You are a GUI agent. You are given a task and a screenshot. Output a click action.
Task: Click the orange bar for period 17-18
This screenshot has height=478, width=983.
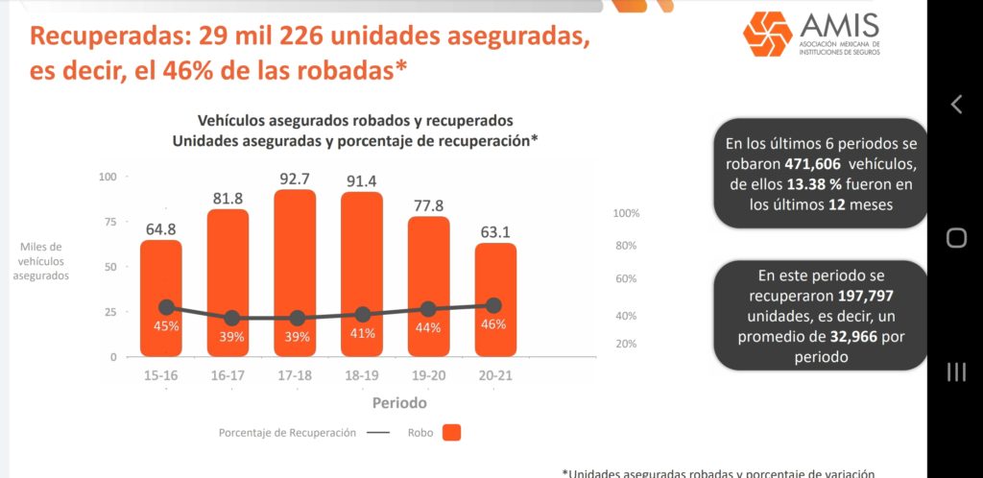pyautogui.click(x=295, y=250)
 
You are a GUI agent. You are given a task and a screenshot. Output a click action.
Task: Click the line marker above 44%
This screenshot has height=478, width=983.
pyautogui.click(x=428, y=309)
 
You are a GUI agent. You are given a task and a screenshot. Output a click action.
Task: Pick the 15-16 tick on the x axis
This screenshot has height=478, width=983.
pyautogui.click(x=160, y=375)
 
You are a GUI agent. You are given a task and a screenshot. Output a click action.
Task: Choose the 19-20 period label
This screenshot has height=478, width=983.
pyautogui.click(x=428, y=375)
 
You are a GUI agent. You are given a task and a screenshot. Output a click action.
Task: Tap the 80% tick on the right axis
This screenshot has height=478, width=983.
pyautogui.click(x=626, y=246)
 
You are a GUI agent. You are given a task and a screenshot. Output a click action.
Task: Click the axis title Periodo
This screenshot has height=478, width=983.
pyautogui.click(x=400, y=403)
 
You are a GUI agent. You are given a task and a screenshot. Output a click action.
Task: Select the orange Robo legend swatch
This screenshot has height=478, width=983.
pyautogui.click(x=452, y=433)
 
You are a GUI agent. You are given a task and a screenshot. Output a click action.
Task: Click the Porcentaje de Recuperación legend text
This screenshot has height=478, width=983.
pyautogui.click(x=287, y=433)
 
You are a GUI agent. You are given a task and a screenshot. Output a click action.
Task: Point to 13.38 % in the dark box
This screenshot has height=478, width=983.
pyautogui.click(x=814, y=184)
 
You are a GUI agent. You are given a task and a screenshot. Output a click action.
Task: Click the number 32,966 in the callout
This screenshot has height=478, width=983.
pyautogui.click(x=847, y=337)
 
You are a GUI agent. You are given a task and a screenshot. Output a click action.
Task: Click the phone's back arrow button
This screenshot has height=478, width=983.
pyautogui.click(x=956, y=105)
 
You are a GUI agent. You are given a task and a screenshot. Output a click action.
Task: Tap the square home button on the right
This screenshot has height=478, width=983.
pyautogui.click(x=956, y=238)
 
